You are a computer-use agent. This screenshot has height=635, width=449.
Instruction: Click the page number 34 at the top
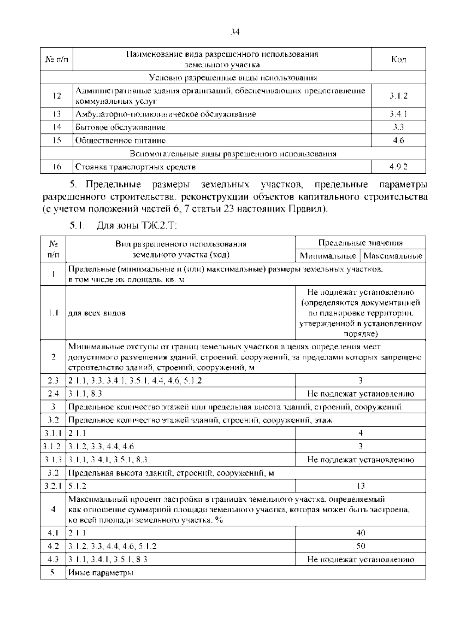pos(235,32)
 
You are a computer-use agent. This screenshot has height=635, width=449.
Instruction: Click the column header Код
pos(398,59)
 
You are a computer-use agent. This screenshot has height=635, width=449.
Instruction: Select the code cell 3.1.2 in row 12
pos(398,96)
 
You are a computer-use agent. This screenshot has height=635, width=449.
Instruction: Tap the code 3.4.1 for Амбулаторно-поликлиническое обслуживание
pos(398,114)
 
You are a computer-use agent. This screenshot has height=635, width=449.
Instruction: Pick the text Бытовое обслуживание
pos(120,127)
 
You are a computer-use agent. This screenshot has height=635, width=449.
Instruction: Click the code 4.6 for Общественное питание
pos(398,141)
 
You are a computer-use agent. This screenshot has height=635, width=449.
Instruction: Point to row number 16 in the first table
pos(56,167)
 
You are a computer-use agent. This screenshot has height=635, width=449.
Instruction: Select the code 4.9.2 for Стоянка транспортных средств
pos(398,167)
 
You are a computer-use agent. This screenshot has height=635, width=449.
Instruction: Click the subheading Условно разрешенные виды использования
pos(233,78)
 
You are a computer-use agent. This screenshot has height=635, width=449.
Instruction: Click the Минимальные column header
pos(328,256)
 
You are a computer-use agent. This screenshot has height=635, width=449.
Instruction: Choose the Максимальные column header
pos(393,256)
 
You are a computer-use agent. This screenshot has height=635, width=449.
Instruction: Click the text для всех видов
pos(97,313)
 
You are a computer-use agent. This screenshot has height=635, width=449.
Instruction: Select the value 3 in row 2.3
pos(360,380)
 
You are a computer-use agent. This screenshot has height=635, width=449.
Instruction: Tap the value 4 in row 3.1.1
pos(360,433)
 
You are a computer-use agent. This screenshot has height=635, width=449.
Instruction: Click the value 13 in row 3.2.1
pos(360,486)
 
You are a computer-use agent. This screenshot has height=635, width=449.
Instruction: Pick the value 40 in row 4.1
pos(360,533)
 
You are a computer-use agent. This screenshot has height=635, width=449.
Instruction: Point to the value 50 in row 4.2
pos(360,546)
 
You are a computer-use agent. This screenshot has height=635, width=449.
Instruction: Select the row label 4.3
pos(53,559)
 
